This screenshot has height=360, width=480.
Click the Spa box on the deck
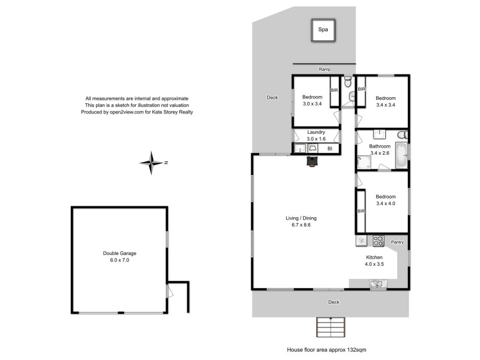(x=323, y=30)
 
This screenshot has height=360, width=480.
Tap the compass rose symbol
(x=152, y=163)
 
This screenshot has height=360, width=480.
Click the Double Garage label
(x=120, y=257)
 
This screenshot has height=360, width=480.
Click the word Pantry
(x=397, y=242)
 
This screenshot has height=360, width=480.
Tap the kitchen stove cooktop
(x=379, y=241)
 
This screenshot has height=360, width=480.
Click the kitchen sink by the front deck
(x=377, y=283)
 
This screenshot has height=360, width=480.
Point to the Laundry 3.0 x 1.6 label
(x=316, y=135)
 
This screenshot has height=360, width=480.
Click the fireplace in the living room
(x=312, y=161)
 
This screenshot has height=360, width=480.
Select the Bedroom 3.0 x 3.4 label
(x=312, y=101)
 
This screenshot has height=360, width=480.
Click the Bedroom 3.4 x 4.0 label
(x=386, y=200)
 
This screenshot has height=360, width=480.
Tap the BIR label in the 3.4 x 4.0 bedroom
(x=361, y=211)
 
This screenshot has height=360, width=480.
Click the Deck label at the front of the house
(x=334, y=302)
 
